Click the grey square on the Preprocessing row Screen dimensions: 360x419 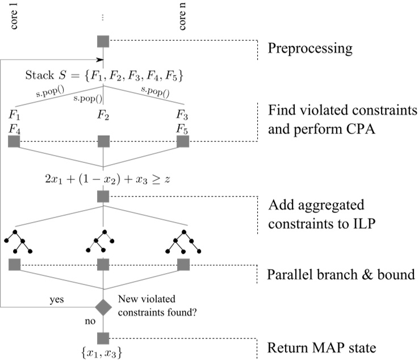[x=103, y=41]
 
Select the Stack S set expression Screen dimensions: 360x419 [x=104, y=76]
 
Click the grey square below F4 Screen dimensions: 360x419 [x=15, y=141]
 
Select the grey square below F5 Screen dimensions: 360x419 [x=182, y=141]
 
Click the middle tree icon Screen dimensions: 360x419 [x=103, y=241]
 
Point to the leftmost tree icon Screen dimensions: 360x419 [x=18, y=241]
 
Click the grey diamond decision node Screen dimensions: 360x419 [x=103, y=307]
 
